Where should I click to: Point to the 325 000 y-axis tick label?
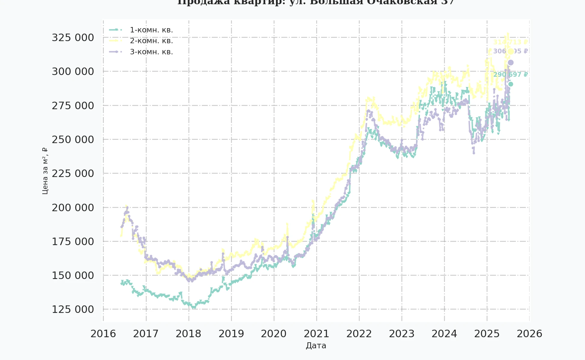(x=73, y=38)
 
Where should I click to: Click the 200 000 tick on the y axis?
(x=73, y=208)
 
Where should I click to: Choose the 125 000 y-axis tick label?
(x=73, y=309)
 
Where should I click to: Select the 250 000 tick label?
(x=73, y=139)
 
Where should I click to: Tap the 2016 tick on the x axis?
(x=103, y=334)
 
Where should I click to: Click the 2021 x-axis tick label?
(x=316, y=334)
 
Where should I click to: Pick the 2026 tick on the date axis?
(x=529, y=334)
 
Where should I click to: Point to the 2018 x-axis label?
(x=188, y=334)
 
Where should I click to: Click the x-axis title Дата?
(x=316, y=346)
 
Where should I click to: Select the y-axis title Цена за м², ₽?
(x=45, y=171)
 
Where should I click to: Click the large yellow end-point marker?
(x=511, y=51)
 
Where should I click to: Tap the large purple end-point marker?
(x=511, y=62)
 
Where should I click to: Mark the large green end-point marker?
(x=511, y=84)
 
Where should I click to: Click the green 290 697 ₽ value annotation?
(x=510, y=74)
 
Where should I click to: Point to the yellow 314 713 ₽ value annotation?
(x=510, y=42)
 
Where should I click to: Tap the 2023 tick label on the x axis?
(x=402, y=334)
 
